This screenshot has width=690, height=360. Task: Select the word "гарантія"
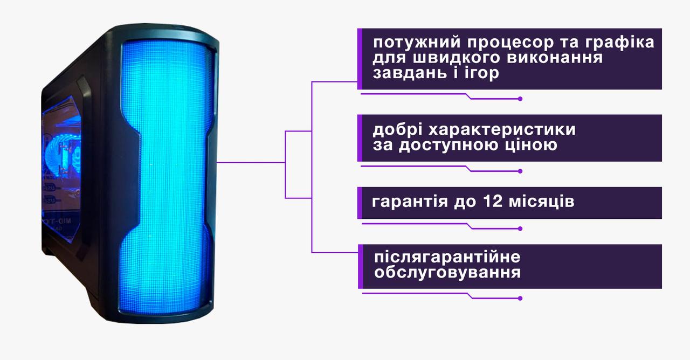pyautogui.click(x=410, y=203)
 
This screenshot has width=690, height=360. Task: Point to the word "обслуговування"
pyautogui.click(x=447, y=272)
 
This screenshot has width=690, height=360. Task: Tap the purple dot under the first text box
pyautogui.click(x=520, y=99)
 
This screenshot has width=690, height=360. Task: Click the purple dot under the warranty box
pyautogui.click(x=520, y=229)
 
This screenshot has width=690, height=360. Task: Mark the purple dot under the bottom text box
pyautogui.click(x=520, y=298)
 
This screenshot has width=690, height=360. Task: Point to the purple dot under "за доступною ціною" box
pyautogui.click(x=520, y=171)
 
